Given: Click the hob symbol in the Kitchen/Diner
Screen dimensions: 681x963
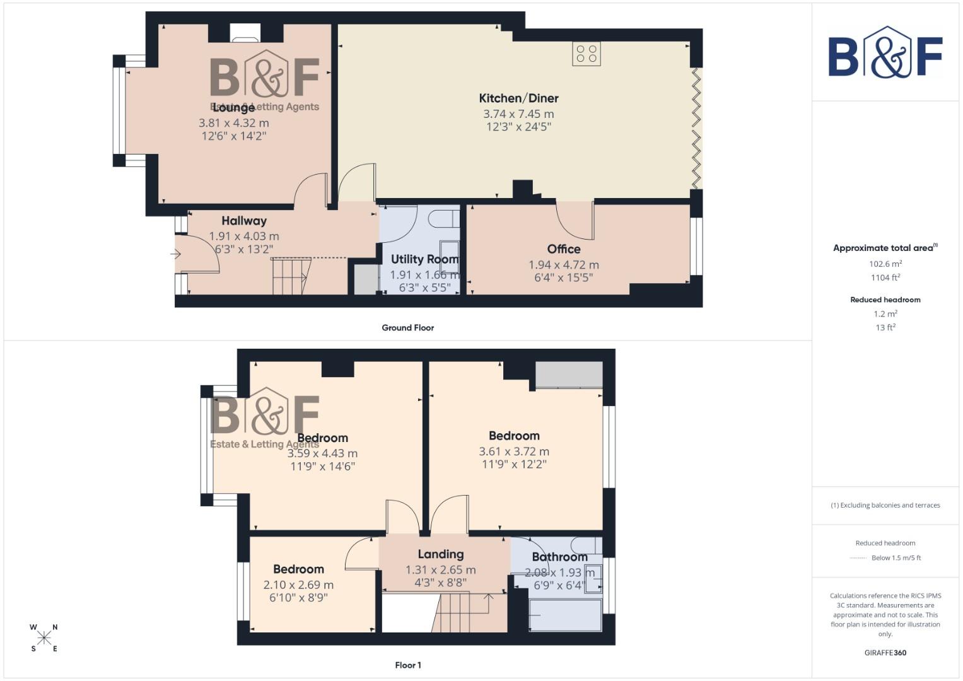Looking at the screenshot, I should (x=587, y=54).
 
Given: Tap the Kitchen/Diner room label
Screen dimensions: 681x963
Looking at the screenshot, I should (x=518, y=98).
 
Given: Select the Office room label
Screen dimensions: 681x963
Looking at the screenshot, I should (x=564, y=249).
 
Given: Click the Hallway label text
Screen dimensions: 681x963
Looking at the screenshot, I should (x=244, y=221).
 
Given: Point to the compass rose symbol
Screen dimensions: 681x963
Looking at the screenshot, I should (x=44, y=638).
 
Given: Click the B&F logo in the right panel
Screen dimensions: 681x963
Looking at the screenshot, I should (x=885, y=53).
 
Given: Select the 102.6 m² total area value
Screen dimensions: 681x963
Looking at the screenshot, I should (x=885, y=264).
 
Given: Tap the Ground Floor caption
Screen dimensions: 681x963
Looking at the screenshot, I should (x=407, y=328).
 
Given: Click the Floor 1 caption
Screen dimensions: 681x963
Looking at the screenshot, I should (x=407, y=665).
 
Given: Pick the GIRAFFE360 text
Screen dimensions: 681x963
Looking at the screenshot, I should (x=885, y=653).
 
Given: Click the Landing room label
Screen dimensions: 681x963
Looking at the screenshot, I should (x=440, y=554).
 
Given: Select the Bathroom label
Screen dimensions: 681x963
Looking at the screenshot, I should (x=559, y=557).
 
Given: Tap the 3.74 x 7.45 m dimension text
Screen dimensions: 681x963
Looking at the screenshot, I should (x=518, y=114).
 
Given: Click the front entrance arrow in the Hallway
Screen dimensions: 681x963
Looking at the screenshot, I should (x=176, y=254).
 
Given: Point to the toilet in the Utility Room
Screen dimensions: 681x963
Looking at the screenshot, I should (x=443, y=218).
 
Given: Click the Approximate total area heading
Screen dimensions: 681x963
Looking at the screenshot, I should (x=885, y=248).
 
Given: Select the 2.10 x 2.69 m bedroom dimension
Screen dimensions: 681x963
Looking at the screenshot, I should (x=298, y=585).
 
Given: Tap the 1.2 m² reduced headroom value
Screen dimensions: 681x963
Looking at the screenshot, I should (x=885, y=313).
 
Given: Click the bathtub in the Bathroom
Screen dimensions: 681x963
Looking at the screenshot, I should (x=565, y=615).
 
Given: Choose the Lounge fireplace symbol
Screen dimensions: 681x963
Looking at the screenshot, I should (x=245, y=35).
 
